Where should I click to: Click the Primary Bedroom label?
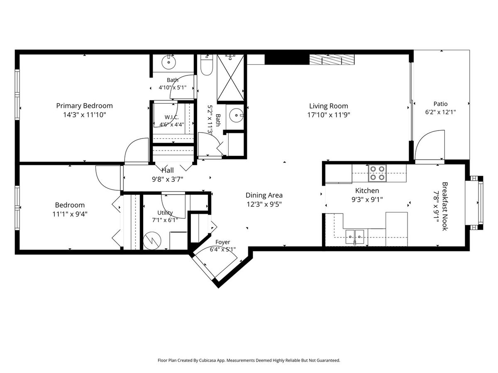click(84, 106)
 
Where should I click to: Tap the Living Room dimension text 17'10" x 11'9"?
click(329, 115)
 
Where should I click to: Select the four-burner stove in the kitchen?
click(377, 173)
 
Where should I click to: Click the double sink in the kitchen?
click(354, 237)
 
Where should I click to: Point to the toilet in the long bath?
click(206, 65)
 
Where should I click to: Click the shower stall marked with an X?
click(230, 78)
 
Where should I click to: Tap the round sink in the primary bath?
click(168, 62)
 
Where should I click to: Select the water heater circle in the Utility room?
click(152, 241)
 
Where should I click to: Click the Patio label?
click(440, 104)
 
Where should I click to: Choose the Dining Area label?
click(264, 195)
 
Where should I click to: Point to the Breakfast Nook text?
click(445, 206)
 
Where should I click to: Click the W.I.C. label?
click(171, 117)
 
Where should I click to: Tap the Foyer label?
click(222, 242)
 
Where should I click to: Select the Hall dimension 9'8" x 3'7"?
click(167, 179)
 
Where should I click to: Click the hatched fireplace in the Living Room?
click(332, 60)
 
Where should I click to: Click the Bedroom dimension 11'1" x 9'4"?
click(70, 214)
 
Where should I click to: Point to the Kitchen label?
click(367, 191)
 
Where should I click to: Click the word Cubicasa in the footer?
click(207, 360)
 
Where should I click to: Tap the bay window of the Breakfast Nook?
click(474, 203)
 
